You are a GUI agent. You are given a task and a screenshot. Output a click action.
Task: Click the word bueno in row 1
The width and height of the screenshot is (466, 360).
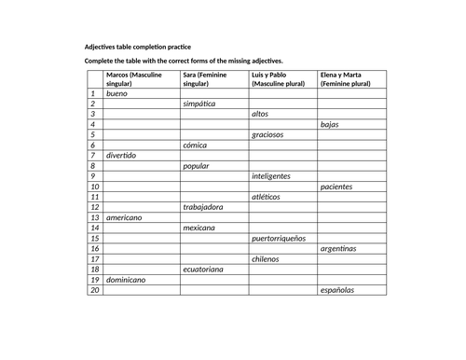pyautogui.click(x=118, y=94)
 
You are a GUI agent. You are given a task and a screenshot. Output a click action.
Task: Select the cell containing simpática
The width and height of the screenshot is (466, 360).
pyautogui.click(x=199, y=104)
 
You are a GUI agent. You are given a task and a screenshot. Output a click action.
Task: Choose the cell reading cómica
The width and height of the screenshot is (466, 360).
pyautogui.click(x=195, y=145)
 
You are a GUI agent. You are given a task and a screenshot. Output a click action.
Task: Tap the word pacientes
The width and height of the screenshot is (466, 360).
pyautogui.click(x=336, y=187)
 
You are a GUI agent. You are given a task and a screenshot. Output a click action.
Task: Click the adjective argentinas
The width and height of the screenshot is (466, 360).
pyautogui.click(x=338, y=249)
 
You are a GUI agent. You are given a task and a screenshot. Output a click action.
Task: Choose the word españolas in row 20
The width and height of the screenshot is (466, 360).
pyautogui.click(x=336, y=290)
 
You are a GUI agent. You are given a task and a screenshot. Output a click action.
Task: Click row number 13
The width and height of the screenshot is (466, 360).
pyautogui.click(x=93, y=217)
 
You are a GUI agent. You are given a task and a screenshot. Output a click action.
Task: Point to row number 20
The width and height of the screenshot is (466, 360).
pyautogui.click(x=93, y=290)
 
